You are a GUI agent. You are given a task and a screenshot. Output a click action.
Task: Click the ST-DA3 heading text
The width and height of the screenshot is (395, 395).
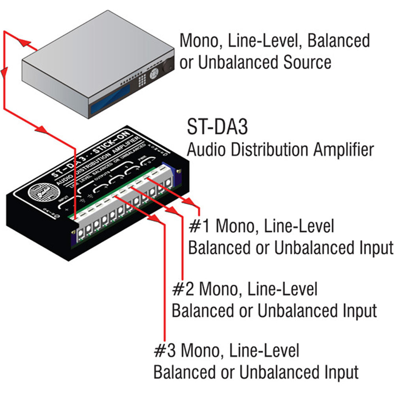pos(218,129)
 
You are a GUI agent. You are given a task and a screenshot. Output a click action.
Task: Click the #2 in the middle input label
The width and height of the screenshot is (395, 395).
pos(183,290)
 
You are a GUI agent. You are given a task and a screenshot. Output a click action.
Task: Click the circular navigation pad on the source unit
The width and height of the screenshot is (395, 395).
pos(155,71)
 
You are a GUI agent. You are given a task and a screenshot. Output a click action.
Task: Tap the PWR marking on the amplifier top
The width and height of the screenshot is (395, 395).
pos(142,159)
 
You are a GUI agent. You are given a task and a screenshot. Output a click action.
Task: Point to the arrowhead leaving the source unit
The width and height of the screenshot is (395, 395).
pos(24,42)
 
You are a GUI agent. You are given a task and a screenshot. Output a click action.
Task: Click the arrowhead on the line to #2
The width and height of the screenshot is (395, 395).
pos(173,211)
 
